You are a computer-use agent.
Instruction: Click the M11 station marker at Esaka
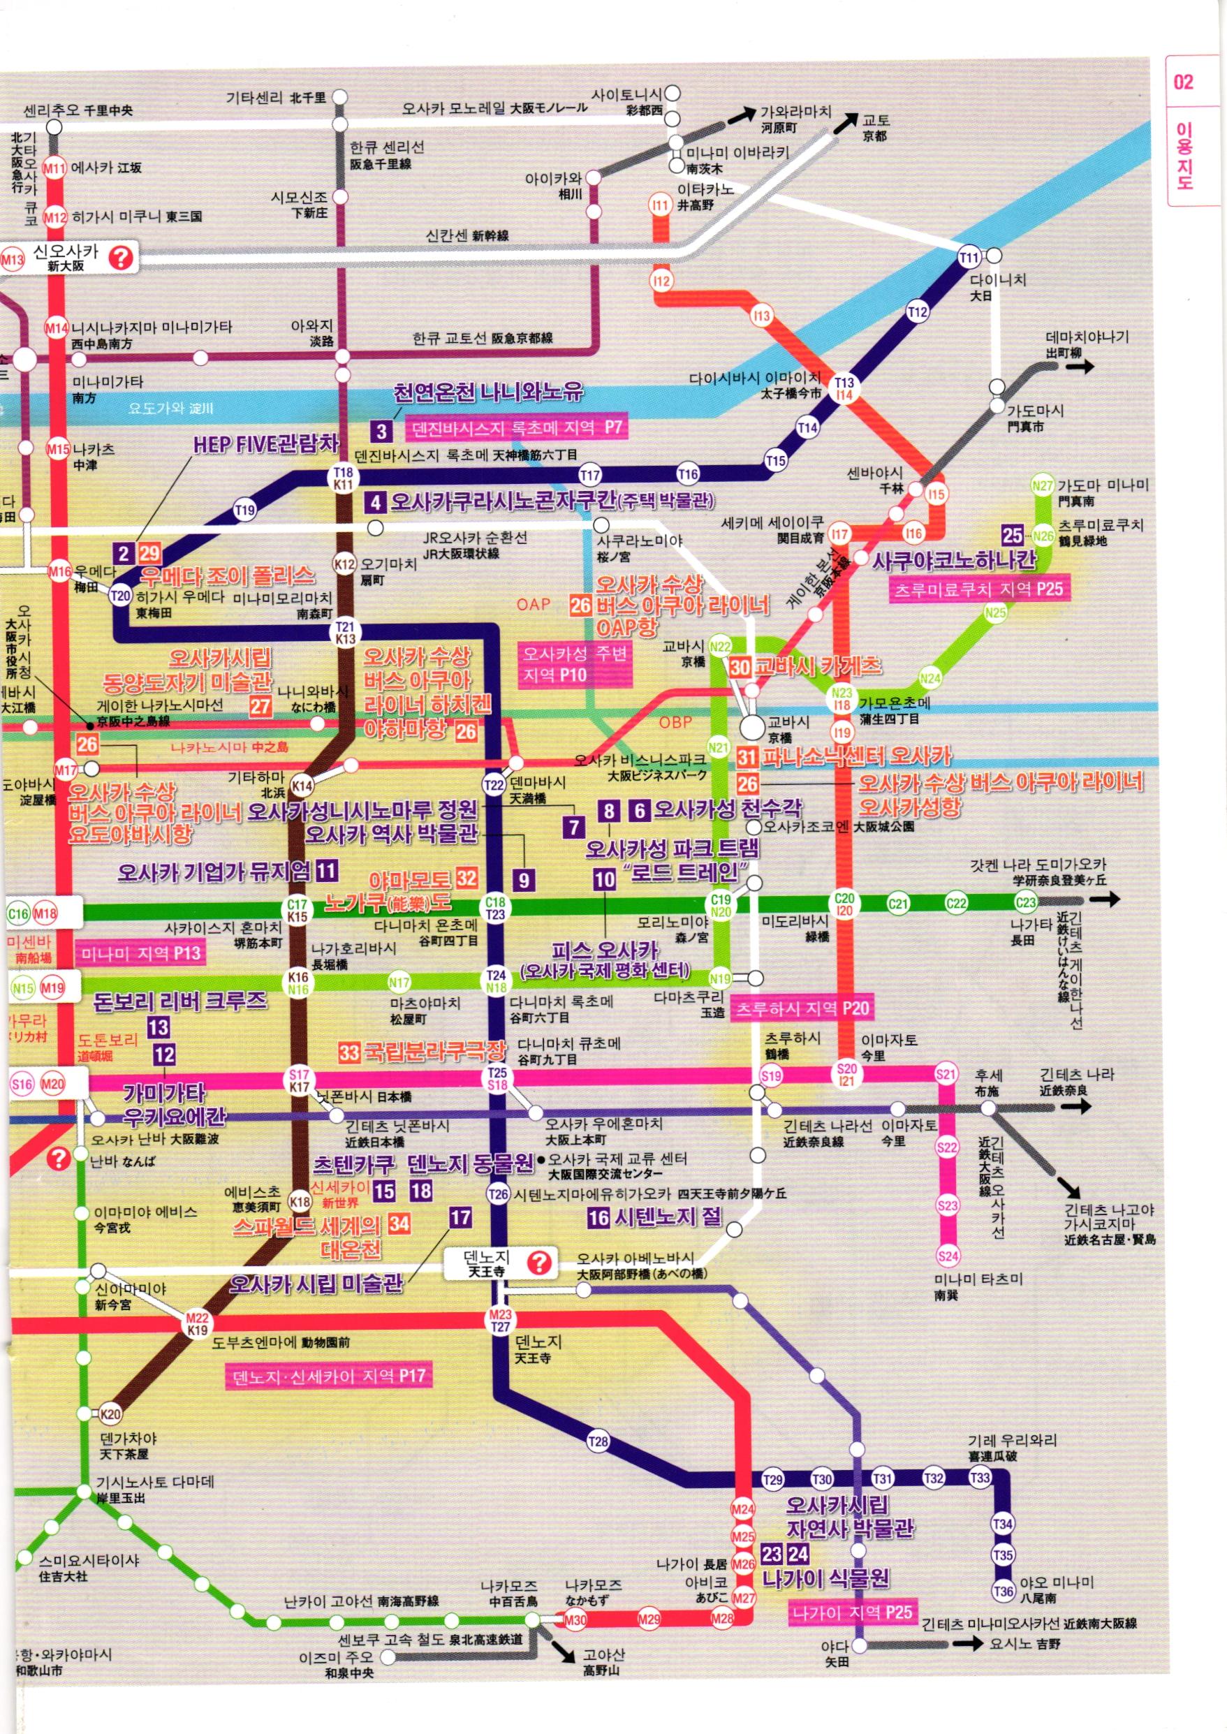[x=54, y=168]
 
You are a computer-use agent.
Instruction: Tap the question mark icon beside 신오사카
[x=121, y=258]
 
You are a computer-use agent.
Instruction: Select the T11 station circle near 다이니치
[x=969, y=258]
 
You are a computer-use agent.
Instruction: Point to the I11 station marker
[x=661, y=205]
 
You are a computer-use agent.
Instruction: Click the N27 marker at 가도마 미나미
[x=1043, y=486]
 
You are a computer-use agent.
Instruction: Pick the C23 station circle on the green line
[x=1025, y=903]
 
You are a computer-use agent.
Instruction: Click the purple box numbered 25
[x=1013, y=535]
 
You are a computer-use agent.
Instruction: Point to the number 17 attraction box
[x=460, y=1217]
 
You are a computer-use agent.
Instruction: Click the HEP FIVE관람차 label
[x=265, y=444]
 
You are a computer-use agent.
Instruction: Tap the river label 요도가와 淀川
[x=171, y=408]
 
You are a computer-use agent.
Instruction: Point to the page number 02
[x=1183, y=82]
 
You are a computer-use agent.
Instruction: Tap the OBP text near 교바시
[x=675, y=722]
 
